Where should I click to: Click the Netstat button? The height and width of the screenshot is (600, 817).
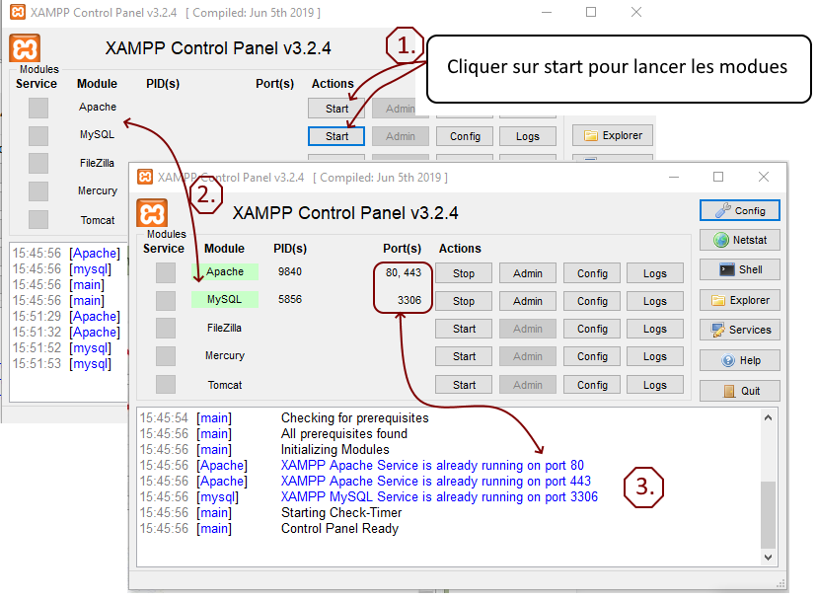(x=740, y=240)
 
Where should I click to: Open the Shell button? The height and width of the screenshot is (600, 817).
(x=740, y=269)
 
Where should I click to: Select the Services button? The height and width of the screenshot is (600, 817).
(x=740, y=330)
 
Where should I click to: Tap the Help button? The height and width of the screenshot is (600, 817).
(x=740, y=360)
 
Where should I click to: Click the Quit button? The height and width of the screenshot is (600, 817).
(x=740, y=391)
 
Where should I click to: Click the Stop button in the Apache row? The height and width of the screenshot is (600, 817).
(x=464, y=273)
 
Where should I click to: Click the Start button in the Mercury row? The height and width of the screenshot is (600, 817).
(x=464, y=356)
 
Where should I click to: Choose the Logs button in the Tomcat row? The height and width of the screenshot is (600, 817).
(x=654, y=385)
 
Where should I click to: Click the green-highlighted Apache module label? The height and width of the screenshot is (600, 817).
(x=225, y=271)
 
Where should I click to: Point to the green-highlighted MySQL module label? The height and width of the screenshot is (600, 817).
(x=225, y=299)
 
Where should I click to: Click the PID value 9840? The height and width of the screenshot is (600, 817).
(x=290, y=271)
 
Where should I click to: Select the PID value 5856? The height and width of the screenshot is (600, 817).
(x=290, y=299)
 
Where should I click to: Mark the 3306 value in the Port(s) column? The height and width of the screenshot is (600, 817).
(x=408, y=300)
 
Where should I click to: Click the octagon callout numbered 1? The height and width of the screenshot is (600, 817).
(x=405, y=45)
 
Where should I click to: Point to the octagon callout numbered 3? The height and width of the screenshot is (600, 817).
(x=643, y=487)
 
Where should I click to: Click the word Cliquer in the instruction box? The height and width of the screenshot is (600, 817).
(x=476, y=67)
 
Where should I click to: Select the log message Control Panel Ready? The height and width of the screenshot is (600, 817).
(x=339, y=528)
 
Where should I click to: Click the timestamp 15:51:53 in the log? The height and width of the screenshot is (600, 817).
(x=37, y=364)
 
